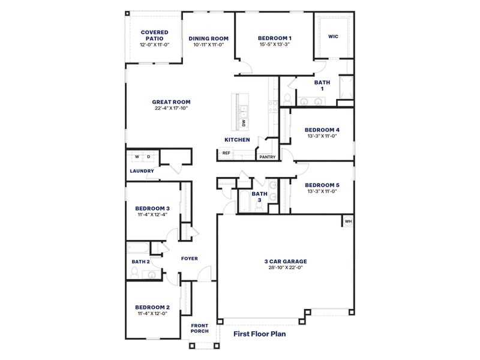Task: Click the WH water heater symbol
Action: coord(348,222)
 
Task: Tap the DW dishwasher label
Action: coord(244,123)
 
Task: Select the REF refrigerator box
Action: coord(226,153)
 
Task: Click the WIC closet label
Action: coord(333,37)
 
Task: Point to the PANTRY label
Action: coord(267,157)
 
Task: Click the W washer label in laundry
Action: coord(137,157)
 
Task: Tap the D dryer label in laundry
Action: coord(149,157)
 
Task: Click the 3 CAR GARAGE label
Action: coord(286,261)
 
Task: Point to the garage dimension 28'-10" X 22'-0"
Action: coord(286,268)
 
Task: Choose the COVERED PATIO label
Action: coord(154,35)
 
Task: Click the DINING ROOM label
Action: coord(208,38)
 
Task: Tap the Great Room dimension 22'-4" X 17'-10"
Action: coord(171,109)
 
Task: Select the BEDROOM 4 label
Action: coord(322,130)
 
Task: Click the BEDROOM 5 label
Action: coord(322,185)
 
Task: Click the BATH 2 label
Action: coord(140,262)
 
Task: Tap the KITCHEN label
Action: coord(237,140)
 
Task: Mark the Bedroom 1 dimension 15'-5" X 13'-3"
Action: coord(275,45)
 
